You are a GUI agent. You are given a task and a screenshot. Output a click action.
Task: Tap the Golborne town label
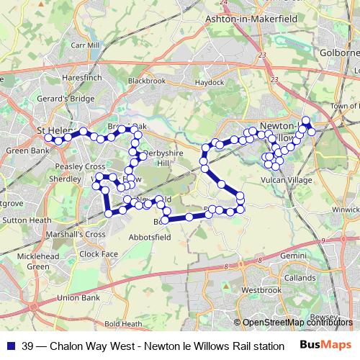click(339, 54)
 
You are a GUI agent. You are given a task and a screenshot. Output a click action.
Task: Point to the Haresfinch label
click(82, 76)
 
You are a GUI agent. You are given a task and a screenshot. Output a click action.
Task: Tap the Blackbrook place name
click(146, 81)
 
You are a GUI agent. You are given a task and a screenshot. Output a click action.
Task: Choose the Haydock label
click(209, 83)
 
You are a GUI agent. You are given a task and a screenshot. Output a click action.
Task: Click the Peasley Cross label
click(80, 166)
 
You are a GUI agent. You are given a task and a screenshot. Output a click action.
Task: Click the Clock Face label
click(99, 253)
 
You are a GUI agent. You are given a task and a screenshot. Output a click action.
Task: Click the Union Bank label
click(78, 297)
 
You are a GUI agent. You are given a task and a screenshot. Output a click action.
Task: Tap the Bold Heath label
click(122, 323)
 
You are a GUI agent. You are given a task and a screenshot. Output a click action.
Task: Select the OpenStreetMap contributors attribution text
click(292, 323)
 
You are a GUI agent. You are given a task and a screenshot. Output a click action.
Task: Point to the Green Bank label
click(27, 151)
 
